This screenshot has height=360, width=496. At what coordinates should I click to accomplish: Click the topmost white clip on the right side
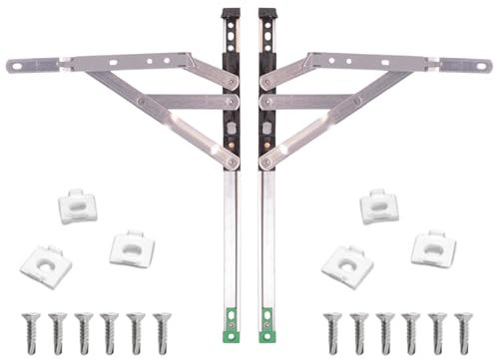click(379, 206)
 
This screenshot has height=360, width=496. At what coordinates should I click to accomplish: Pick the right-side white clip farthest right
click(433, 247)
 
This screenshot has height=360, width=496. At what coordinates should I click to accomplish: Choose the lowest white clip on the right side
click(347, 266)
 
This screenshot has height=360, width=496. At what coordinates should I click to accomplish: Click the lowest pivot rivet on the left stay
click(232, 162)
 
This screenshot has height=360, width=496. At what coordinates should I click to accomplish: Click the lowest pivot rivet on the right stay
click(265, 162)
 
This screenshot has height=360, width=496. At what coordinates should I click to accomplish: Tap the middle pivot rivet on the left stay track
click(232, 102)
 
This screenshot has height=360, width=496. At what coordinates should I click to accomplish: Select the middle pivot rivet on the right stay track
click(264, 102)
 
